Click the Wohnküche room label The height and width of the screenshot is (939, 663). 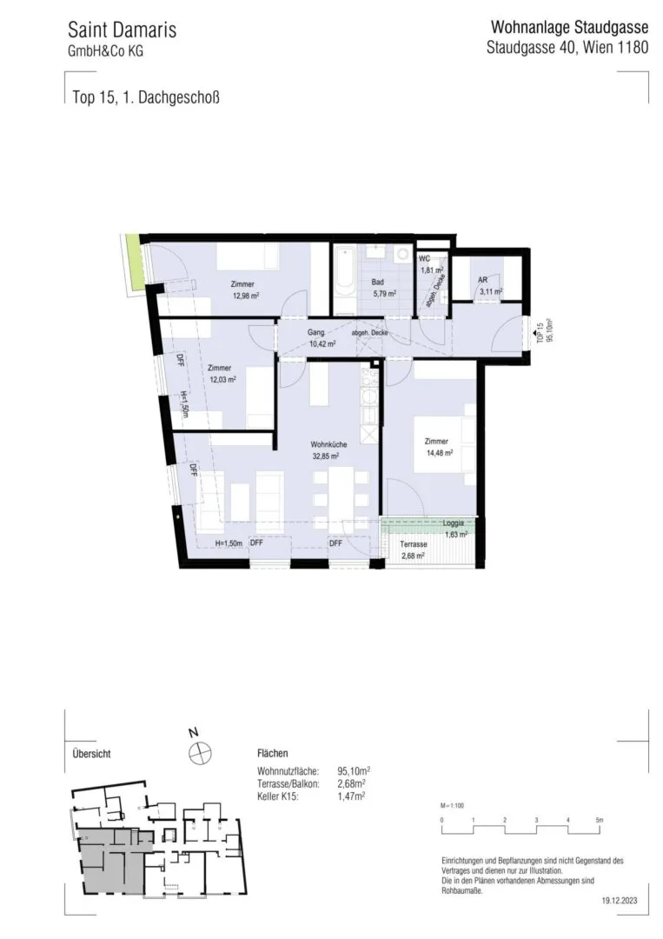pos(328,444)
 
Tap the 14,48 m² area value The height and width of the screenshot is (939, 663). pos(440,453)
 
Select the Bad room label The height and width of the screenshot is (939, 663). pos(378,282)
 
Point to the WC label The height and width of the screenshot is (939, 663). pos(424,259)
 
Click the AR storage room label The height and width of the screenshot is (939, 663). pos(482,280)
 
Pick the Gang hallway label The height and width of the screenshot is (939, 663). pos(316,332)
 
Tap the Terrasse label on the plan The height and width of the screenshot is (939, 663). pos(414,544)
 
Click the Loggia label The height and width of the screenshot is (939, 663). pos(454,523)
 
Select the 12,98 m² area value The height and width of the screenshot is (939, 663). pos(245,296)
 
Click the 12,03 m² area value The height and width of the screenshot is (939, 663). pos(222,379)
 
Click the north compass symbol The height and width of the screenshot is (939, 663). pos(200,751)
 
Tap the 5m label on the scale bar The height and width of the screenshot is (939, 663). pos(600,820)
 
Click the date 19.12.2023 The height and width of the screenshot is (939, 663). pos(620,900)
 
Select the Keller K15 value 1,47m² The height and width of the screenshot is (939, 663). pos(351,796)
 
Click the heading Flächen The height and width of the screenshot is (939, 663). pos(272,753)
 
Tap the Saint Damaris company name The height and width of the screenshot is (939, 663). pos(122,30)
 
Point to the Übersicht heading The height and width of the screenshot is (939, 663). pos(91,753)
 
